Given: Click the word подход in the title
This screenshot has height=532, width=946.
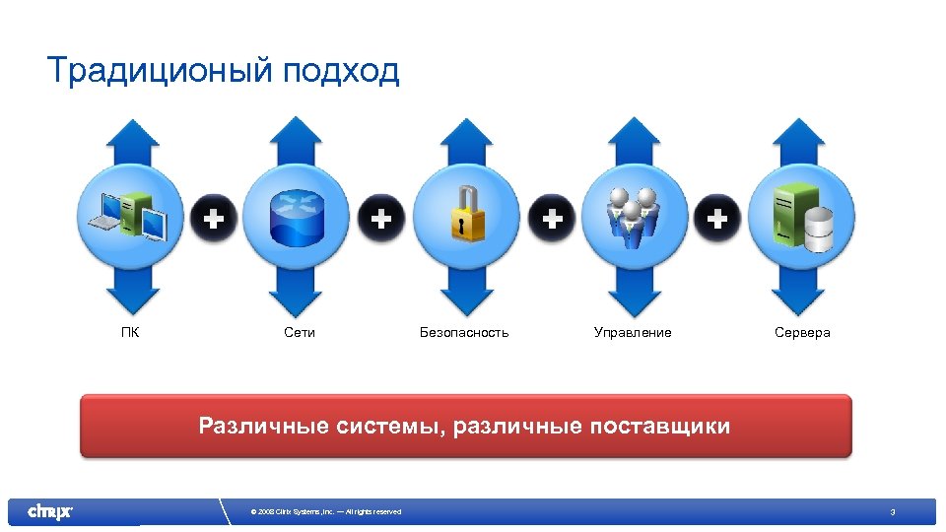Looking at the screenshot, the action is pos(340,72).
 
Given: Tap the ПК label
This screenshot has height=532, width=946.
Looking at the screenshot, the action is pos(130,333).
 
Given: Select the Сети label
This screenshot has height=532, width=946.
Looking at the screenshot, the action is pos(300,333).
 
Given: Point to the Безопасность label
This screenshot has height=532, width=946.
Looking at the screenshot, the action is pos(464,333).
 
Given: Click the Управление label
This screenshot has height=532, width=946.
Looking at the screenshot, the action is pos(633,333).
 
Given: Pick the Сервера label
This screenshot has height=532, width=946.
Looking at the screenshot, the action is pos(802,333).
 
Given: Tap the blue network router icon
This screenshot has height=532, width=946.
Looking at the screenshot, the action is pos(297,218).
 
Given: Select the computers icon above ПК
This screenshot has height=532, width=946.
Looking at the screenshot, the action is pos(131,216).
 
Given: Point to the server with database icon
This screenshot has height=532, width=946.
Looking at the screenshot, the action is pos(803,217).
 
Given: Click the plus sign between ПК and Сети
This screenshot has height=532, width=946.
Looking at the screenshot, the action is pos(214,217).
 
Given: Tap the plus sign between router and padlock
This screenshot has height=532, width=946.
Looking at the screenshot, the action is pos(381,217).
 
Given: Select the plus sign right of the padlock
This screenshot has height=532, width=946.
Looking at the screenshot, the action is pos(553,217).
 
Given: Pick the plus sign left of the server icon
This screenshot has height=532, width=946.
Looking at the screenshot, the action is pos(720,217).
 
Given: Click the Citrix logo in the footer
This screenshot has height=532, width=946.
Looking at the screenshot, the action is pos(49,511).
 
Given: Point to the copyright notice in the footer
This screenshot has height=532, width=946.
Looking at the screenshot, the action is pos(325,512).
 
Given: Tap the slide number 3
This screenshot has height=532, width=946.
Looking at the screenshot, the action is pos(892,512).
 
